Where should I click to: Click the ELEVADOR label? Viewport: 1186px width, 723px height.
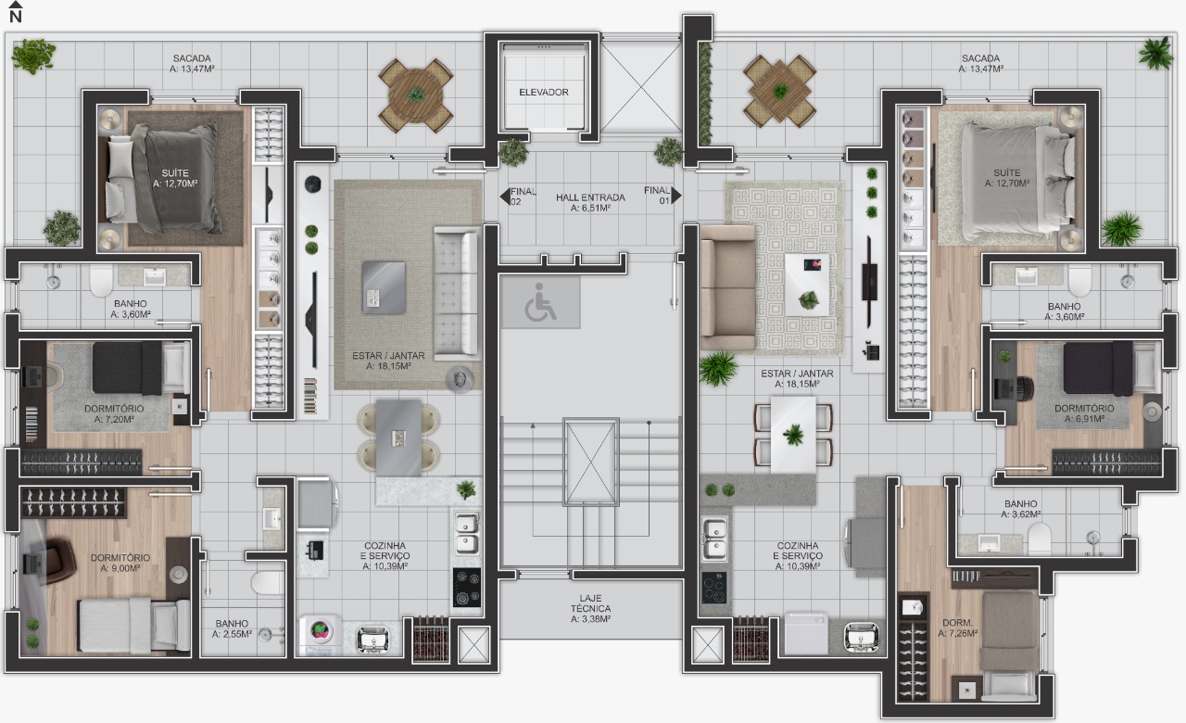[544, 93]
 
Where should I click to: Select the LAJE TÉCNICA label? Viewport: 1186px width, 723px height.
[590, 608]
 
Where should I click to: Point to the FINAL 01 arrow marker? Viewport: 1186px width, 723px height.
[675, 196]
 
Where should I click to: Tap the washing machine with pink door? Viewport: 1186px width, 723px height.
[320, 631]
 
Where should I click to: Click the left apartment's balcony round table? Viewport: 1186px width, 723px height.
[416, 95]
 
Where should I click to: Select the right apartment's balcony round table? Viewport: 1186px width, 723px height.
[780, 91]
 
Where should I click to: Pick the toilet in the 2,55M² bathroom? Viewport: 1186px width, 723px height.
[267, 582]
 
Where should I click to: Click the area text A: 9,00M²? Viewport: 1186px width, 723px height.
[120, 567]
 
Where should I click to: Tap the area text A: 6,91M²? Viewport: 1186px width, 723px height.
[1083, 419]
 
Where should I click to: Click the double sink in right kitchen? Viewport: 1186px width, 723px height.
[714, 539]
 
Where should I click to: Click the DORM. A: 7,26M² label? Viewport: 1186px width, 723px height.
[958, 628]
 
